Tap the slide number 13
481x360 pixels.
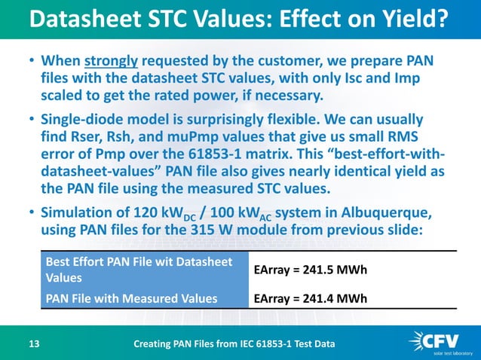[34, 345]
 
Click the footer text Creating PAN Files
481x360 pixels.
[234, 345]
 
